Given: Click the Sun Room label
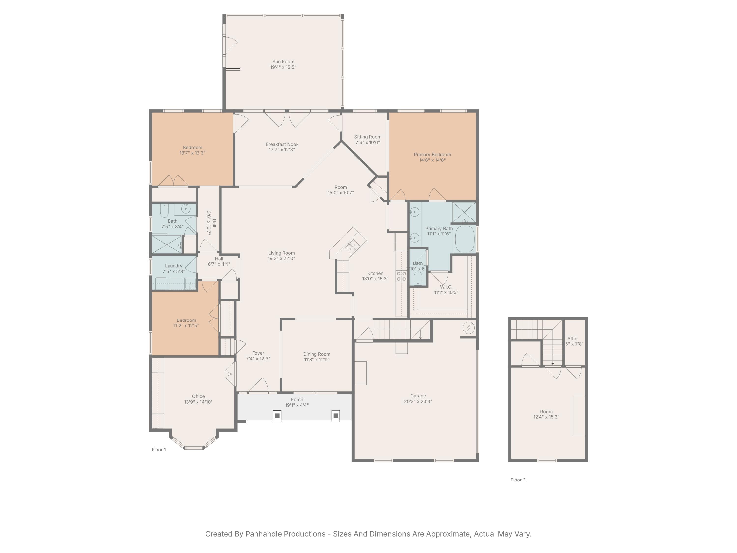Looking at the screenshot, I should [283, 62].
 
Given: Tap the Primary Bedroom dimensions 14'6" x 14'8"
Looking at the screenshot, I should [432, 160].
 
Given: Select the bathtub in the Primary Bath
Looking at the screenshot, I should [465, 239].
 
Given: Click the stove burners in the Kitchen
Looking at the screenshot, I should [401, 276].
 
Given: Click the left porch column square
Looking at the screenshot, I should [277, 416].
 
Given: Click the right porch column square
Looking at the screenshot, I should [336, 416].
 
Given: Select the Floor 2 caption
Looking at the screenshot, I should [518, 480].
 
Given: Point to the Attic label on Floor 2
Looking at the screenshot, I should [572, 339].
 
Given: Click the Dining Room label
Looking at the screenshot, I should [316, 354].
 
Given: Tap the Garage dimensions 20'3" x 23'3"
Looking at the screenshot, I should [418, 401].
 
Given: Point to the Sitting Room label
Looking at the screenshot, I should [368, 137].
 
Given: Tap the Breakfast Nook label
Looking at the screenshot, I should [282, 144].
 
